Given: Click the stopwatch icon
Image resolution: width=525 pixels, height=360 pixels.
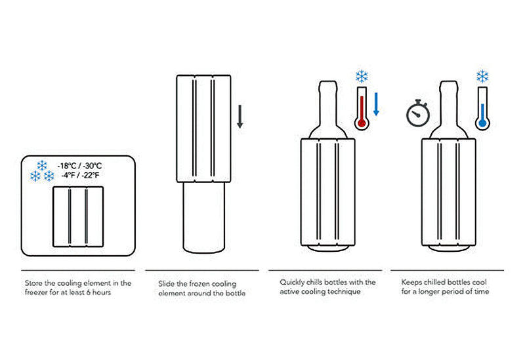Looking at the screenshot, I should [418, 114].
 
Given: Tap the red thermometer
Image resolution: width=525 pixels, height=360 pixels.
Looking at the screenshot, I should [360, 108].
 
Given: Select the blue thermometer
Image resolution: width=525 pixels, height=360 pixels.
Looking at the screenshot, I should [483, 108].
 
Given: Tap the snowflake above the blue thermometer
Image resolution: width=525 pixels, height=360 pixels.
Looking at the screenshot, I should [483, 75].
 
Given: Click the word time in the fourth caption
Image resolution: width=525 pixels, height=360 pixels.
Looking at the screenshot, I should [481, 292].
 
